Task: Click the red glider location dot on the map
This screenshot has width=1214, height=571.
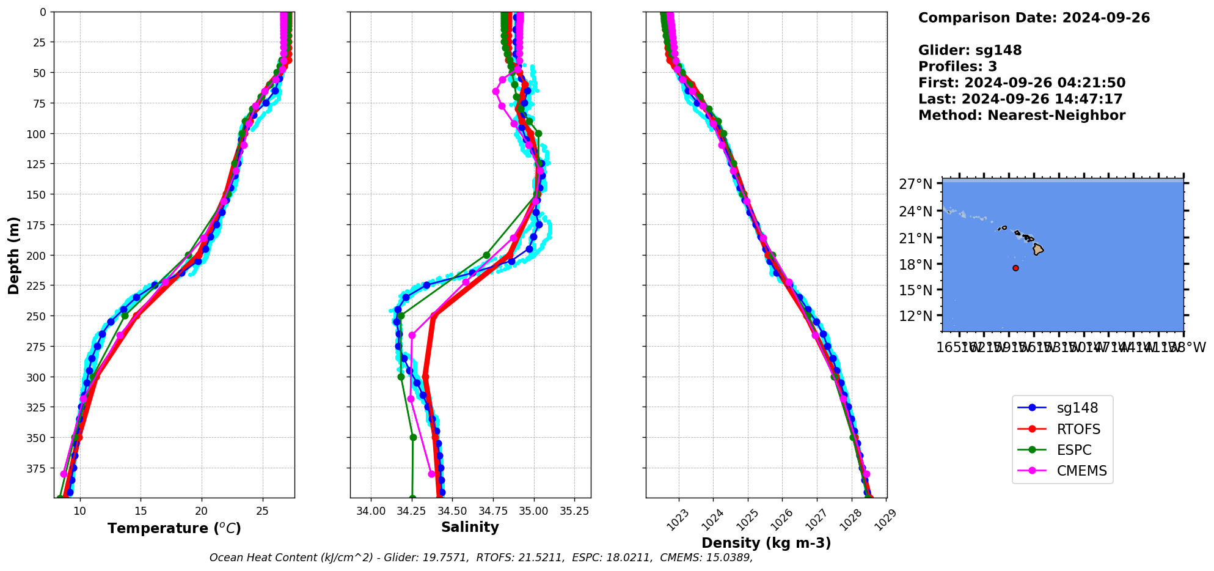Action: (x=1015, y=268)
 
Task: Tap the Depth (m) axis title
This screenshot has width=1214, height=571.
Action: (x=13, y=255)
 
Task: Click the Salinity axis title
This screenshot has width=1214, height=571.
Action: (x=470, y=527)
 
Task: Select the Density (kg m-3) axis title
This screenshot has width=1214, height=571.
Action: (x=766, y=543)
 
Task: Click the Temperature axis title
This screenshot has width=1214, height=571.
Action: (x=174, y=528)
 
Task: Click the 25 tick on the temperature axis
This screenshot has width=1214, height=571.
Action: (x=263, y=511)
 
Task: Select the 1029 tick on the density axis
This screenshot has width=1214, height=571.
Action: (x=885, y=517)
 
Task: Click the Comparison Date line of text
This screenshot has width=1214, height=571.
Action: (x=1034, y=18)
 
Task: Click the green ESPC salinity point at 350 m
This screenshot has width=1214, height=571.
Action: (x=413, y=437)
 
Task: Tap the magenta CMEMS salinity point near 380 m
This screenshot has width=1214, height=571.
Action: (x=431, y=474)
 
